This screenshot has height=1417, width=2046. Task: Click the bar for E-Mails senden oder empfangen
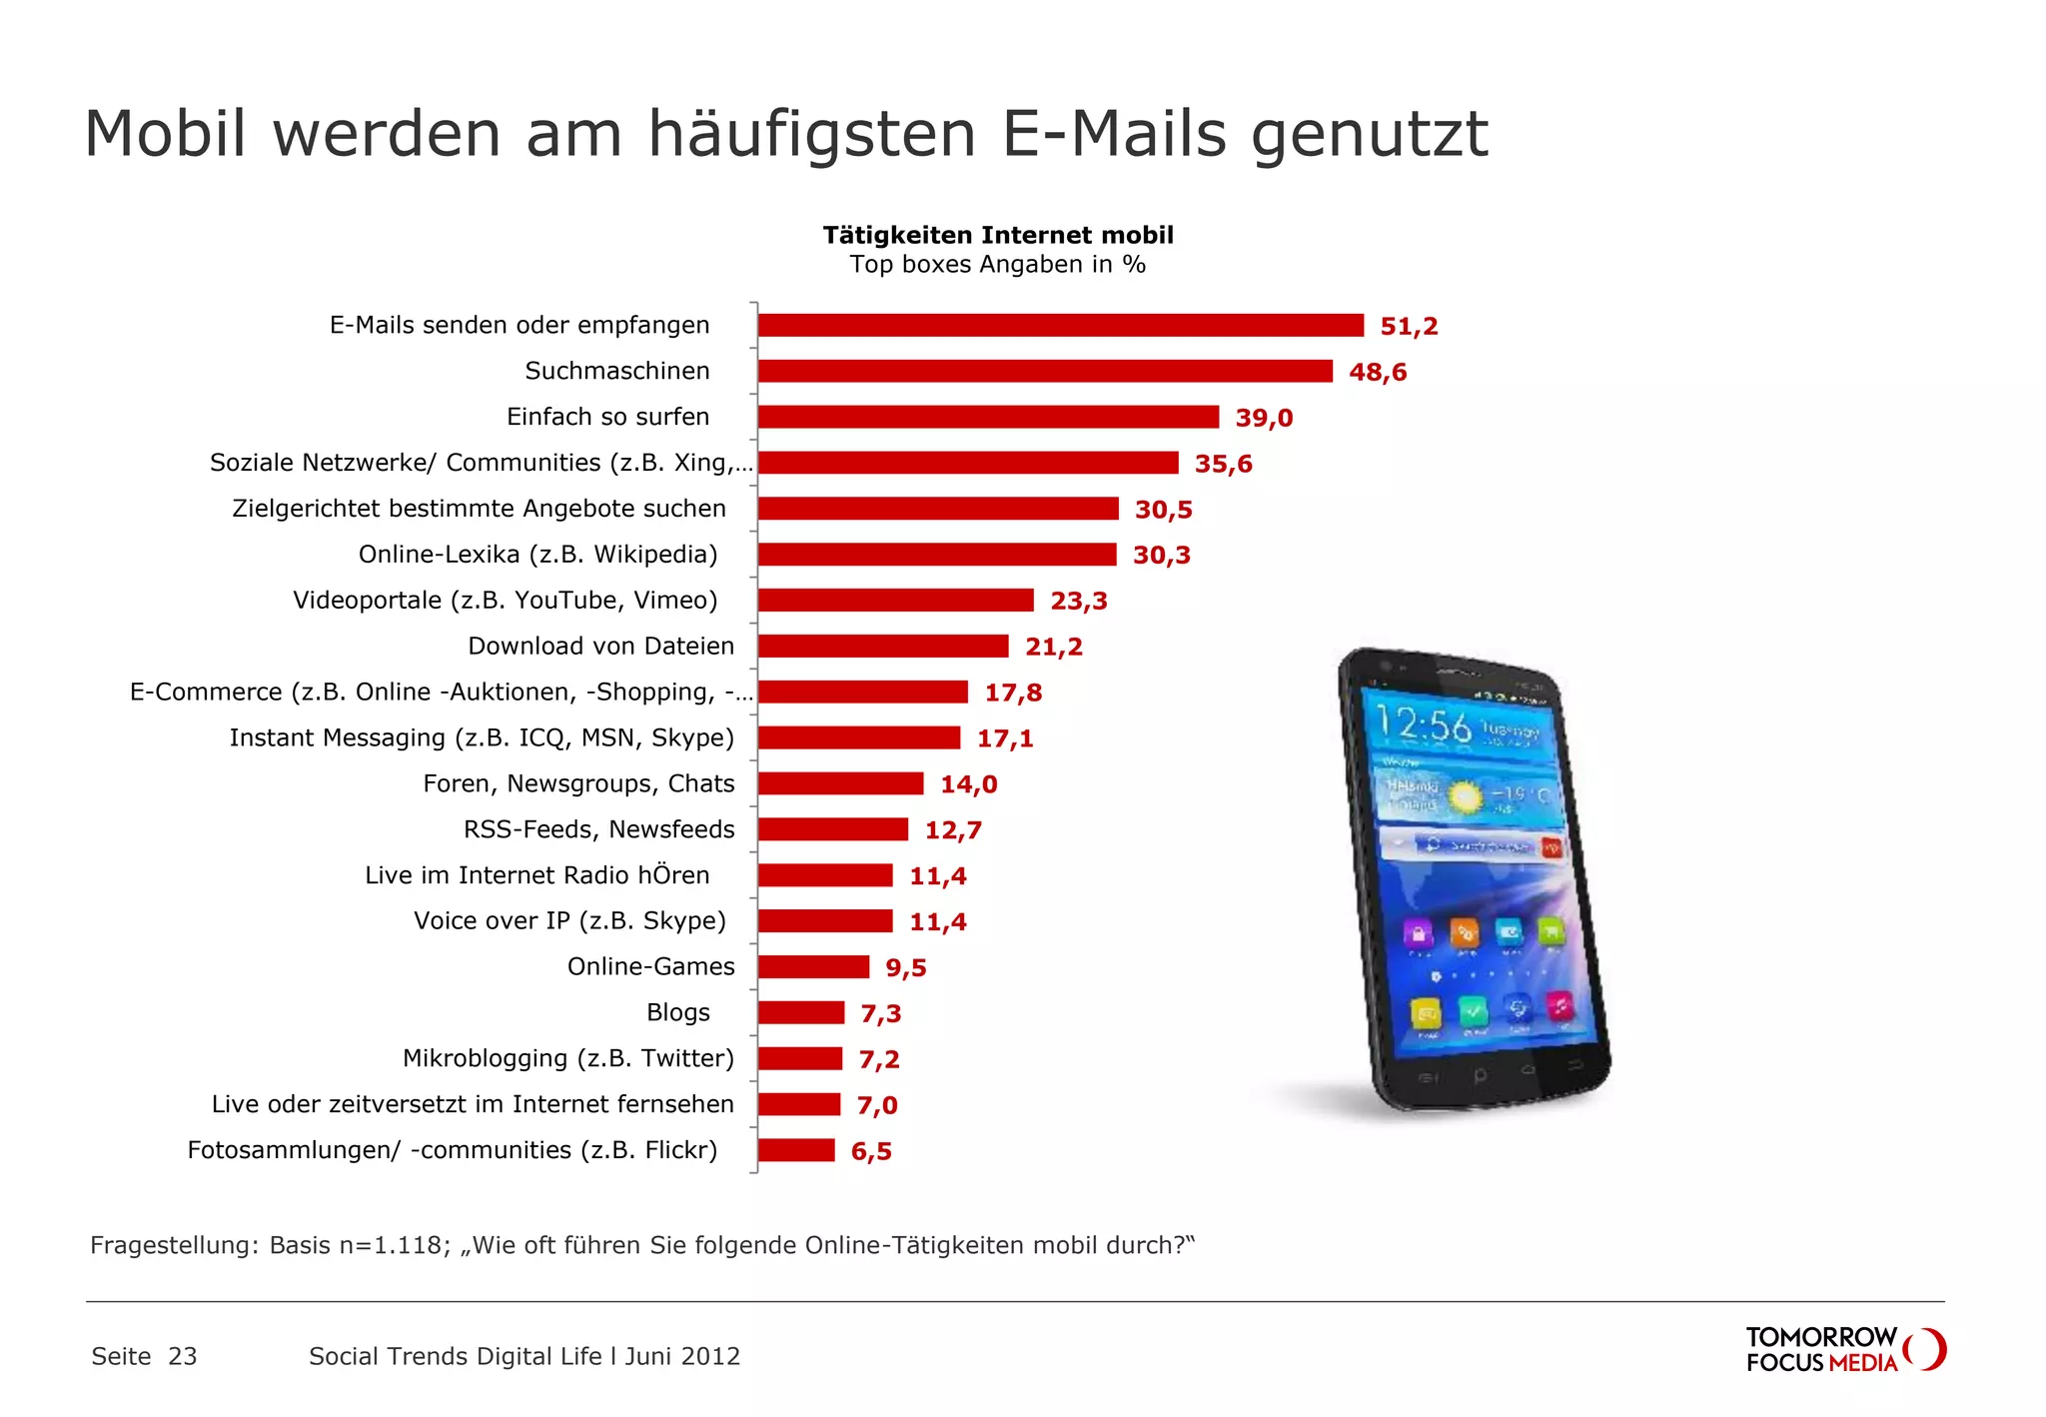[1060, 325]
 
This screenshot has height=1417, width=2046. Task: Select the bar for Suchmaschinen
[1045, 371]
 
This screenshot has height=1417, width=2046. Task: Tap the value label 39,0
[1264, 418]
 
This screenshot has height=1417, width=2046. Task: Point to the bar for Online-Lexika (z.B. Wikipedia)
[937, 555]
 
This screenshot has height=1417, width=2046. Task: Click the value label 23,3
[1079, 601]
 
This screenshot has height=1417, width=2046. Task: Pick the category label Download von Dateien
[600, 646]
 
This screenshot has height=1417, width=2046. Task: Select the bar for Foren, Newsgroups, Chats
[840, 783]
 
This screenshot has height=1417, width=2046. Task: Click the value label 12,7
[953, 830]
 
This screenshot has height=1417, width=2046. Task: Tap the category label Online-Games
[650, 966]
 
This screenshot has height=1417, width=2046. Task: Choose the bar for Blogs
[800, 1012]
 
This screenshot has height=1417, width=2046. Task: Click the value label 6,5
[871, 1151]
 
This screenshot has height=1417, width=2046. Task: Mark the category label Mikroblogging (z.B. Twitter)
[567, 1058]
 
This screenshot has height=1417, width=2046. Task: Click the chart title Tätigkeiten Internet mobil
[998, 235]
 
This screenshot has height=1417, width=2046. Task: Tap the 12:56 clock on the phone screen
[1424, 723]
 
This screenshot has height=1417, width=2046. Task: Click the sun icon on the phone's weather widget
[1466, 796]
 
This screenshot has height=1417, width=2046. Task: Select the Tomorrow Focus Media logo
[1844, 1350]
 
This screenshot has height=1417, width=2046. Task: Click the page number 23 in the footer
[182, 1356]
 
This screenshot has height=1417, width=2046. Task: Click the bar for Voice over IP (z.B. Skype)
[824, 920]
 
